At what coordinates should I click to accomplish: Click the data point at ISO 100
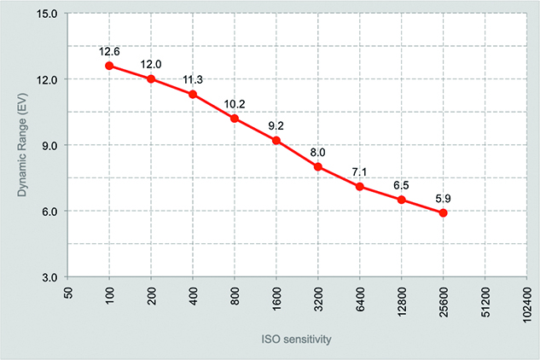pos(109,66)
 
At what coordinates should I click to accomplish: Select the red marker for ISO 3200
pos(318,166)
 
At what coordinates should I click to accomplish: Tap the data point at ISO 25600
pos(444,213)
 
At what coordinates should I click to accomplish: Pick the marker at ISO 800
pos(235,119)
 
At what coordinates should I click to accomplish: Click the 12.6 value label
pos(109,52)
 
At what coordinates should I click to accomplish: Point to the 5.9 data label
pos(444,199)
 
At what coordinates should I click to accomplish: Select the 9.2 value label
pos(276,126)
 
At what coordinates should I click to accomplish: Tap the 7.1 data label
pos(359,171)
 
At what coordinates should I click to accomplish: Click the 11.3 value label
pos(193,80)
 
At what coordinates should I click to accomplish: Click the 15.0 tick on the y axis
pos(48,15)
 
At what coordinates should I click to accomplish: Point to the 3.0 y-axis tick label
pos(50,277)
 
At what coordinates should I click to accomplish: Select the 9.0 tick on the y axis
pos(50,146)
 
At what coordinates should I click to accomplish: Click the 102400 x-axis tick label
pos(527,305)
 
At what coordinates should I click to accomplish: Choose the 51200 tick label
pos(485,302)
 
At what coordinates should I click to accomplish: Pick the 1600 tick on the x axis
pos(276,299)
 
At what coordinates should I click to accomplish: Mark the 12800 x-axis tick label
pos(402,302)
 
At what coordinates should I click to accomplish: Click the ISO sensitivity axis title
pos(296,340)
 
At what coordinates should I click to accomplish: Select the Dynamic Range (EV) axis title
pos(22,145)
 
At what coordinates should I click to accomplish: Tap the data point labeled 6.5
pos(401,200)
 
